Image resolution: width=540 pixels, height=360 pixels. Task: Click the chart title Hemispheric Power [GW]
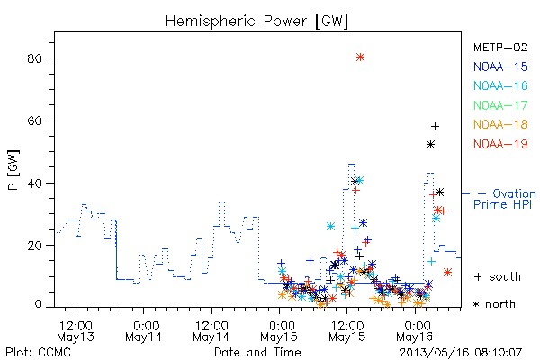coord(256,21)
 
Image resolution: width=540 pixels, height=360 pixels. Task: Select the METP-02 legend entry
coord(500,48)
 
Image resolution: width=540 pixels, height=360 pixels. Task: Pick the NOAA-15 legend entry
coord(500,67)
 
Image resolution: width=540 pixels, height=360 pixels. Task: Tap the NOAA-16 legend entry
coord(500,85)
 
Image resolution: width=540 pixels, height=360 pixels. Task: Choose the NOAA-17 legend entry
coord(500,105)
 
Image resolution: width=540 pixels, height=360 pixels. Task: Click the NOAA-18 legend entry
coord(500,124)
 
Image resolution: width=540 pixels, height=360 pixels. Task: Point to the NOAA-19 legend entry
coord(500,144)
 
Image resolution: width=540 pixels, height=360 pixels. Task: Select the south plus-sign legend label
coord(498,276)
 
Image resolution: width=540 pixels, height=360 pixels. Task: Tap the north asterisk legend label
coord(494,304)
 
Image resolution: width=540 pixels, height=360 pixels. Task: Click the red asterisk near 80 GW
coord(360,58)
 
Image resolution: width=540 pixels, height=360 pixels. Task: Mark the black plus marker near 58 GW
coord(435,126)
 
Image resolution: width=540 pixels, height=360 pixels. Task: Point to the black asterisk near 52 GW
coord(430,145)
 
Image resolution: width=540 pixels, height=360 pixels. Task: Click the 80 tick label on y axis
coord(34,58)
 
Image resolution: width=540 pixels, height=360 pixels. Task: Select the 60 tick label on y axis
coord(34,121)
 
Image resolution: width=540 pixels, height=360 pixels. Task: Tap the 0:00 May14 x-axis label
coord(144,331)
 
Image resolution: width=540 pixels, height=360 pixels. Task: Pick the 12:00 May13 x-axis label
coord(76,331)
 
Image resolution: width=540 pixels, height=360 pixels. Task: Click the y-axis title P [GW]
coord(13,170)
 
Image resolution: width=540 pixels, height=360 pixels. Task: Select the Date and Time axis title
coord(257,353)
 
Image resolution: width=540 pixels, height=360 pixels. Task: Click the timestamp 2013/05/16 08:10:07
coord(461,353)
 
